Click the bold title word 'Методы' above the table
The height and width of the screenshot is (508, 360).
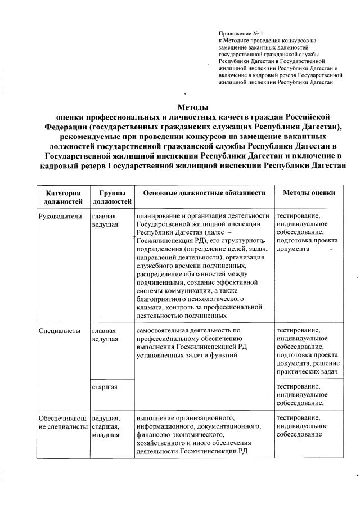click(x=193, y=107)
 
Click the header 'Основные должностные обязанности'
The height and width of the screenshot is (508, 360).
click(x=204, y=192)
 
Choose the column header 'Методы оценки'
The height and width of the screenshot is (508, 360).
click(x=309, y=192)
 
